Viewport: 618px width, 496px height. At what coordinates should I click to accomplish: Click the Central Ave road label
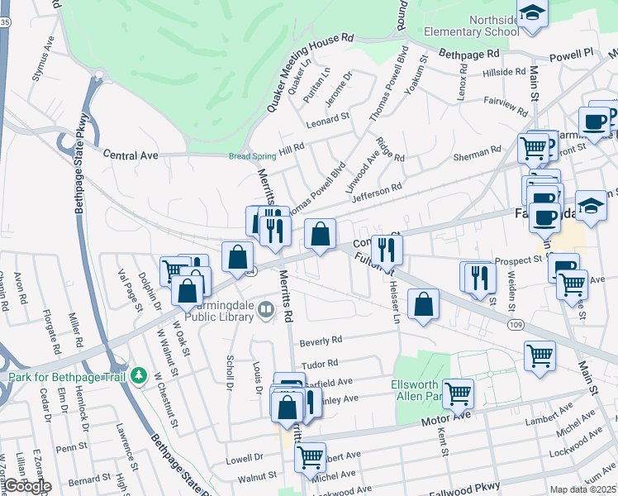tap(131, 155)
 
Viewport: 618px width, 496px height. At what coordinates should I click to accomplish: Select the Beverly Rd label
tap(321, 341)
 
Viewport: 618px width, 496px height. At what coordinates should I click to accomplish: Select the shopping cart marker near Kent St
tap(457, 393)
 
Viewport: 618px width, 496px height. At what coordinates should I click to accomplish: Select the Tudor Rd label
tap(321, 363)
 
